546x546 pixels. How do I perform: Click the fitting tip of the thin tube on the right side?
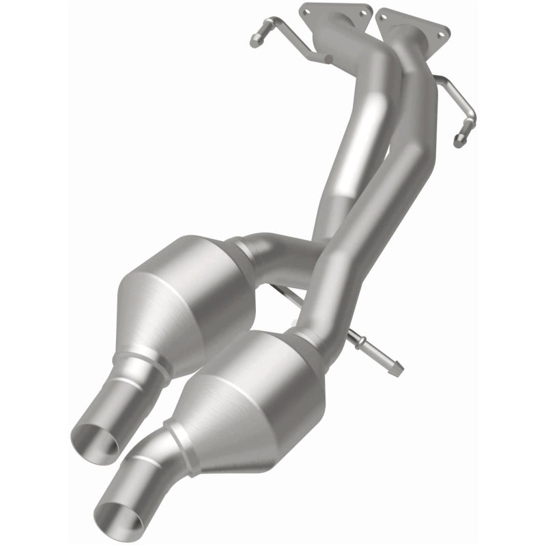[x=459, y=141]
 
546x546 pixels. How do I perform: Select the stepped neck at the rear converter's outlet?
[x=147, y=369]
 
